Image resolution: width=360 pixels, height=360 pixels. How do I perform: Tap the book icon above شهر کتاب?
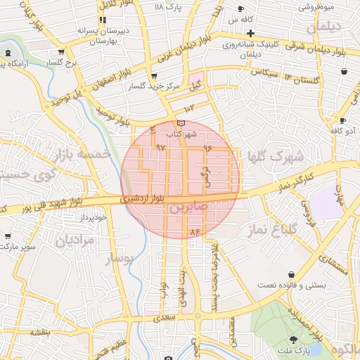pos(181,123)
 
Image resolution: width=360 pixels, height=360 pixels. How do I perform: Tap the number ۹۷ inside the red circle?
pos(160,148)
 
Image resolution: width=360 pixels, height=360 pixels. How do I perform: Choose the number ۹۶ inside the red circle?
pos(207,148)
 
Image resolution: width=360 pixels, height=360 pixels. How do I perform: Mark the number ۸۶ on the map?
pos(195,231)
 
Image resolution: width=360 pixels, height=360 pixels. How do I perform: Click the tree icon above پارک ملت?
pos(293,340)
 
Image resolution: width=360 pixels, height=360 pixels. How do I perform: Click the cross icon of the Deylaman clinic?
pos(250,33)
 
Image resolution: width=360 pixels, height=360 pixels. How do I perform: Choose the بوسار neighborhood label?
pos(118,260)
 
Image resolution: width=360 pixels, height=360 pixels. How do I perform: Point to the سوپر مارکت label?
pos(17,247)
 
